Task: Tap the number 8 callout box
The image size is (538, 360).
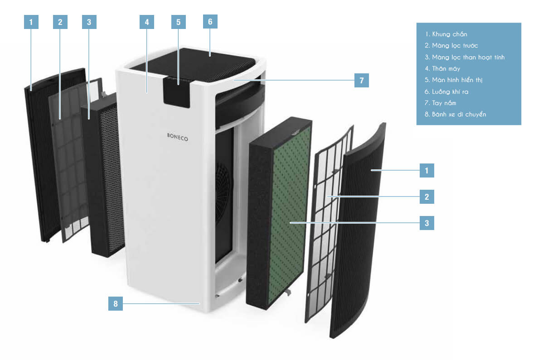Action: tap(116, 304)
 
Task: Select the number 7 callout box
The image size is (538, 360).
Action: tap(361, 81)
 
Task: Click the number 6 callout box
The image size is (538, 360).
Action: tap(210, 22)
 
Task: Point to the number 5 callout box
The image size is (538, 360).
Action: tap(179, 22)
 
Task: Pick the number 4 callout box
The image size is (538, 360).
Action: tap(147, 22)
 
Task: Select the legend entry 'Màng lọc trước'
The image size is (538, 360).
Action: tap(451, 46)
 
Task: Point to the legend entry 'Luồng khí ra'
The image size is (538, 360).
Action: tap(450, 91)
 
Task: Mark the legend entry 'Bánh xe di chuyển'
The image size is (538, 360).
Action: tap(455, 115)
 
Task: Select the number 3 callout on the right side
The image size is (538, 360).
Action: tap(427, 223)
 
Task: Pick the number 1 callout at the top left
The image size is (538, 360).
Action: tap(31, 22)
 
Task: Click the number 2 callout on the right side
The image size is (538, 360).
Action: tap(427, 197)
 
